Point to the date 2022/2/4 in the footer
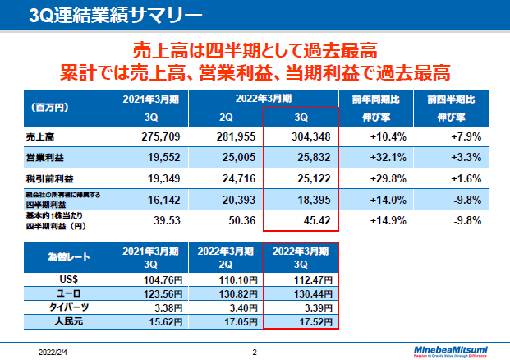(54, 351)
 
